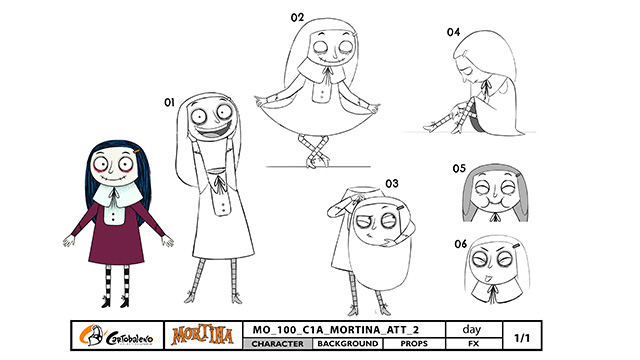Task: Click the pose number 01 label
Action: (169, 102)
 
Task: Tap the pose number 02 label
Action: (297, 18)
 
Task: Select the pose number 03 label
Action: (392, 183)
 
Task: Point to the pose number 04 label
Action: (453, 32)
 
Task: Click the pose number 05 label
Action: (459, 169)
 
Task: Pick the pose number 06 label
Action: (460, 244)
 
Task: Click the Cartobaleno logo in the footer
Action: (117, 336)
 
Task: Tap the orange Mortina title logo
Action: (202, 336)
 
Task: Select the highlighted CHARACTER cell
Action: (278, 344)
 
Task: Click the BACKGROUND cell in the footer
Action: (348, 344)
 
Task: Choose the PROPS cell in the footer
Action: (414, 344)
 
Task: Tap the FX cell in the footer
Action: (473, 344)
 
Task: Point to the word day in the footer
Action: (472, 329)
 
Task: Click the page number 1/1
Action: (522, 338)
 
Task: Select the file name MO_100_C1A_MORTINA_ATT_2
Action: (336, 330)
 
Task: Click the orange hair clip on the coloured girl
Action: (137, 152)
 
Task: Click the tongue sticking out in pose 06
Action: (486, 279)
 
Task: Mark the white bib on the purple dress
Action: (113, 211)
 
